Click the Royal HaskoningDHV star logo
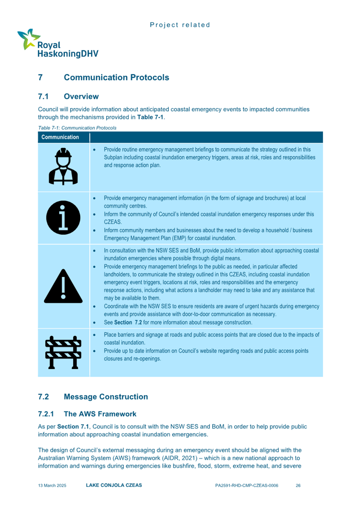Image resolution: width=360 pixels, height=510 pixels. [x=26, y=39]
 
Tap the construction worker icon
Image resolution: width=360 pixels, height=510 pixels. [x=63, y=167]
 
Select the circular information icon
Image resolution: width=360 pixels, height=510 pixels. [x=63, y=217]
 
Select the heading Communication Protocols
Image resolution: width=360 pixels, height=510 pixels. [x=116, y=77]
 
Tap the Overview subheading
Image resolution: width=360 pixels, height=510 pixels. [x=81, y=97]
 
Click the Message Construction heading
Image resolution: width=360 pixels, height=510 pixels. [x=106, y=397]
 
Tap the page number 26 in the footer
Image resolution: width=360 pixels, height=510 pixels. [x=298, y=485]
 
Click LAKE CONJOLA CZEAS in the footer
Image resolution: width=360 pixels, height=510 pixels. [x=114, y=485]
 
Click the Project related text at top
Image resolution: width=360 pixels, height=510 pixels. [x=180, y=25]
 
